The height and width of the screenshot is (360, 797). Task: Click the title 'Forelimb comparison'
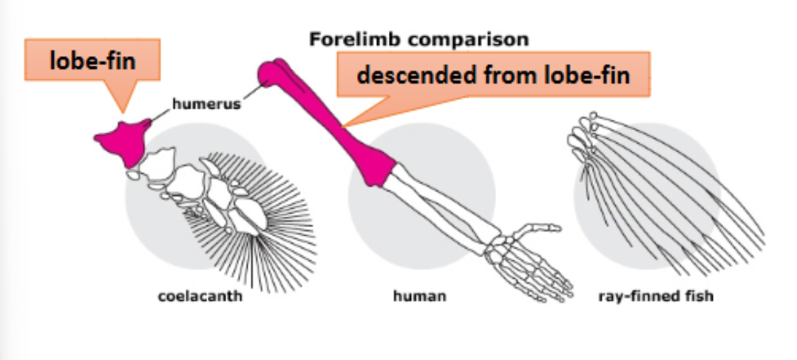[x=419, y=39]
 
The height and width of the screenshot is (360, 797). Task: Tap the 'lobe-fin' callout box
[x=92, y=61]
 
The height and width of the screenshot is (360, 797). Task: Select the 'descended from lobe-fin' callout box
[x=493, y=75]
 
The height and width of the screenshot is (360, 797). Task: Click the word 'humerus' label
[x=207, y=104]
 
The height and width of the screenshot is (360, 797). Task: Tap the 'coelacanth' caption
[x=200, y=298]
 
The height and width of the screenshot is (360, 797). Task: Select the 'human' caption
[x=418, y=298]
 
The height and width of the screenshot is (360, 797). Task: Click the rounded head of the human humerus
[x=271, y=74]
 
